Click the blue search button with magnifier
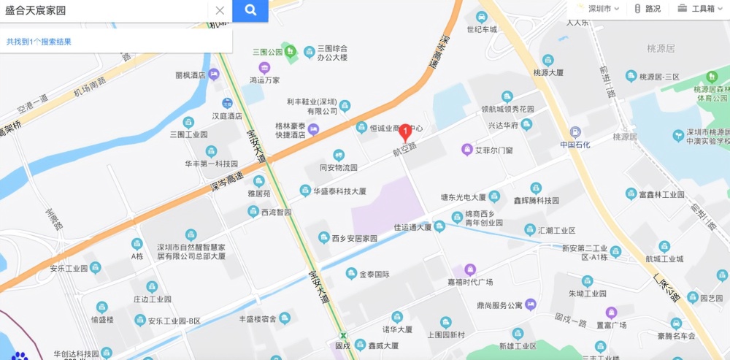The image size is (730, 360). (250, 10)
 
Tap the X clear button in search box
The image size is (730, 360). (220, 10)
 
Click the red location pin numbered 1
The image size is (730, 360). (406, 132)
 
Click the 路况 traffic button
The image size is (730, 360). (648, 9)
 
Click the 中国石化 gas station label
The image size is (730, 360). (575, 144)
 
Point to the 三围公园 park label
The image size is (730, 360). (267, 52)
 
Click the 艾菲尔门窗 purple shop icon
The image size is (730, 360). (466, 150)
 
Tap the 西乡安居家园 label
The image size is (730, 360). (354, 238)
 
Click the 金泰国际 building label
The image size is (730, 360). (374, 275)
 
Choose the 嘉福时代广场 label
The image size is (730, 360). (470, 281)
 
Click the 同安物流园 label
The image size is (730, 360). (339, 167)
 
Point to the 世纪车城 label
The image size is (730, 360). (482, 29)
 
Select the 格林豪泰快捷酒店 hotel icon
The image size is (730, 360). (314, 129)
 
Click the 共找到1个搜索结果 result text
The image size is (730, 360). (39, 42)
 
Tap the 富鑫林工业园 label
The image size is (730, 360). (661, 194)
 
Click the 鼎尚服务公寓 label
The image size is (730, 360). (499, 305)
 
